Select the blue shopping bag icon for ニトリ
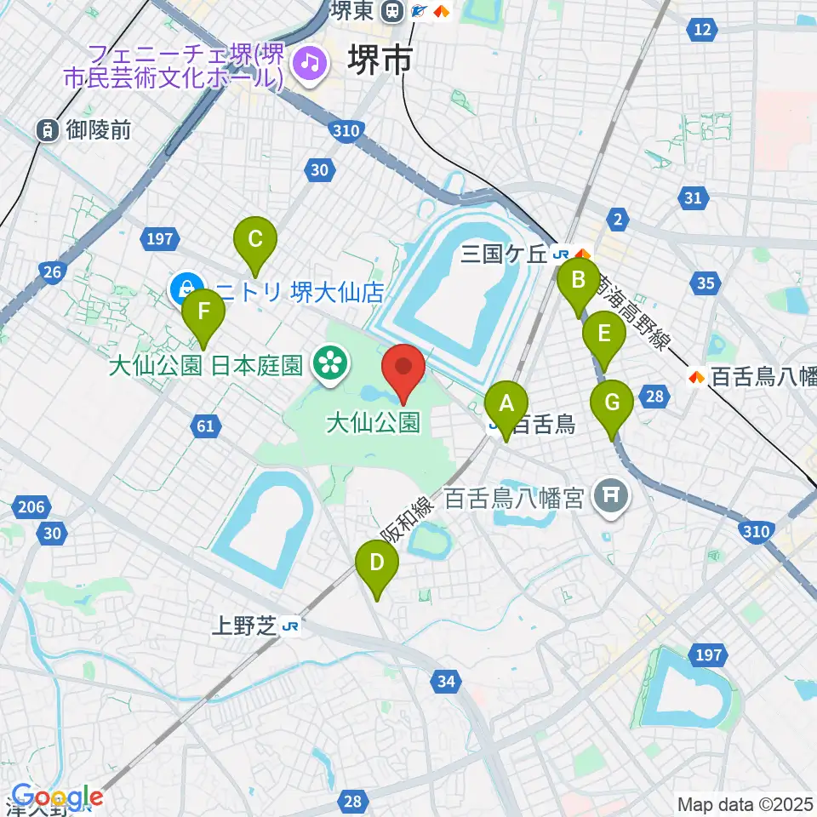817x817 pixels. pos(185,289)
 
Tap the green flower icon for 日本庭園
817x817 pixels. pos(327,363)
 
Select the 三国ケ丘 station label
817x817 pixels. pos(505,254)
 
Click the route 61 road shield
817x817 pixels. pos(205,426)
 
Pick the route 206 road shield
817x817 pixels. pos(30,508)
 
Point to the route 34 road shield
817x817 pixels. pos(445,680)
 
